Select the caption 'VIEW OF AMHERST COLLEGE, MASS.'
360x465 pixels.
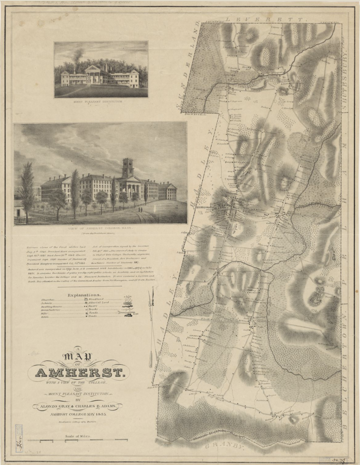point(101,228)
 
